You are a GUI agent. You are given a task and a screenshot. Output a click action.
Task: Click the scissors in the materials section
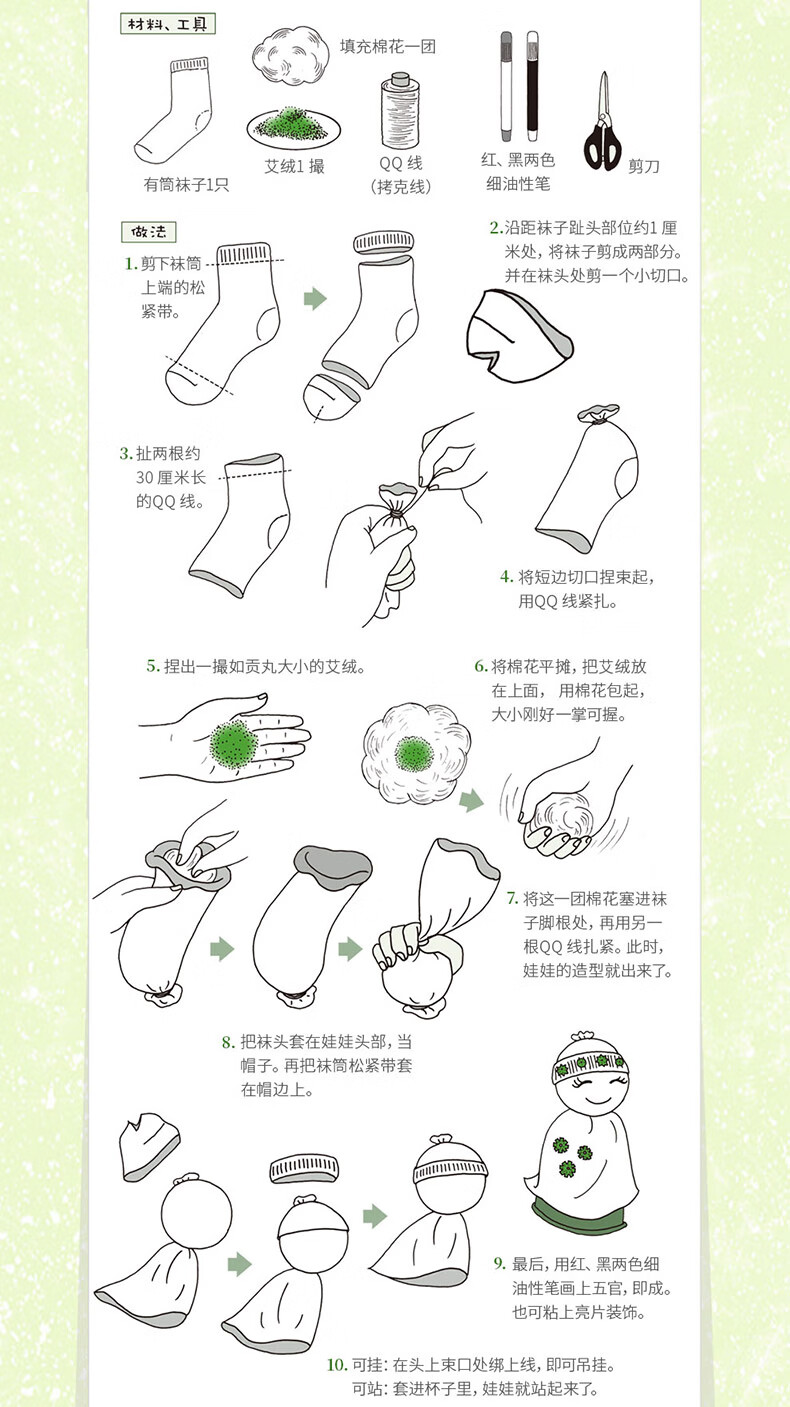click(x=603, y=122)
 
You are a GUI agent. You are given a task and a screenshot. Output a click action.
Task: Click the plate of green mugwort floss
click(x=294, y=127)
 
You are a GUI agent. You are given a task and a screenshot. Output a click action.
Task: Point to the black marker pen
click(x=533, y=87)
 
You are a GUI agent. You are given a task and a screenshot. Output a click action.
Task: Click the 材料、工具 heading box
click(x=168, y=24)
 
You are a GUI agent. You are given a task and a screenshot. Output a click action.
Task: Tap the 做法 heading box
click(x=148, y=232)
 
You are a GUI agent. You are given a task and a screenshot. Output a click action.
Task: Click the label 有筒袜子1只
click(x=186, y=185)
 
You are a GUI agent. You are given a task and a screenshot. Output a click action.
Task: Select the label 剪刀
click(x=644, y=166)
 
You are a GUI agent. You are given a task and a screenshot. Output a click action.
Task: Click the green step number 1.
click(x=131, y=264)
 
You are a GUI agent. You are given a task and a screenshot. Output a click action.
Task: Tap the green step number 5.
click(x=153, y=666)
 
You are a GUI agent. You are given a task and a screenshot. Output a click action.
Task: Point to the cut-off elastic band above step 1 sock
click(x=384, y=242)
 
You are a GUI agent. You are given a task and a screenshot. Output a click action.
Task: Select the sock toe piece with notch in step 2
click(x=518, y=336)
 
